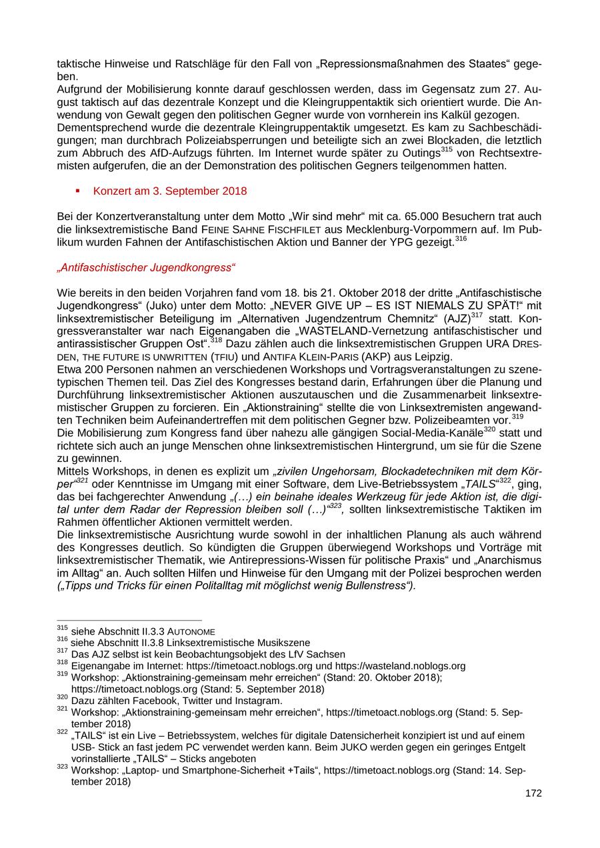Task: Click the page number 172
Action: [533, 793]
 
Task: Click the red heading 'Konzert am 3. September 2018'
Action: [169, 191]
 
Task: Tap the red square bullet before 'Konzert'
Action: [78, 191]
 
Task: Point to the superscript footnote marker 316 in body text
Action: [461, 239]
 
